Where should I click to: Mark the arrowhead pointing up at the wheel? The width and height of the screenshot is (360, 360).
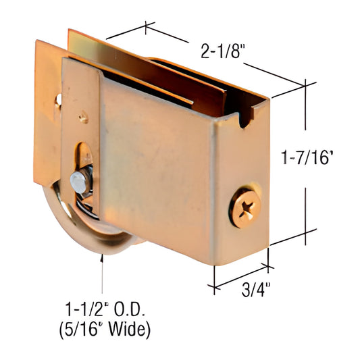(103, 257)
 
